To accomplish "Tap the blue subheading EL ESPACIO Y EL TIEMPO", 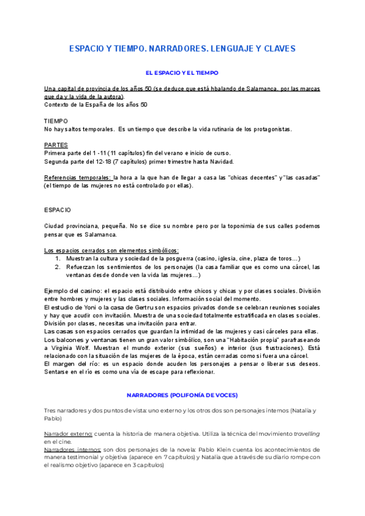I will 182,72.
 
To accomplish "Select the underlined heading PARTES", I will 56,145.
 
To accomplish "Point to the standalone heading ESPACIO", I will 57,209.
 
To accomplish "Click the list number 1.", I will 57,258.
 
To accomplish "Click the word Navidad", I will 218,161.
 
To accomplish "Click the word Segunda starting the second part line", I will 57,161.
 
